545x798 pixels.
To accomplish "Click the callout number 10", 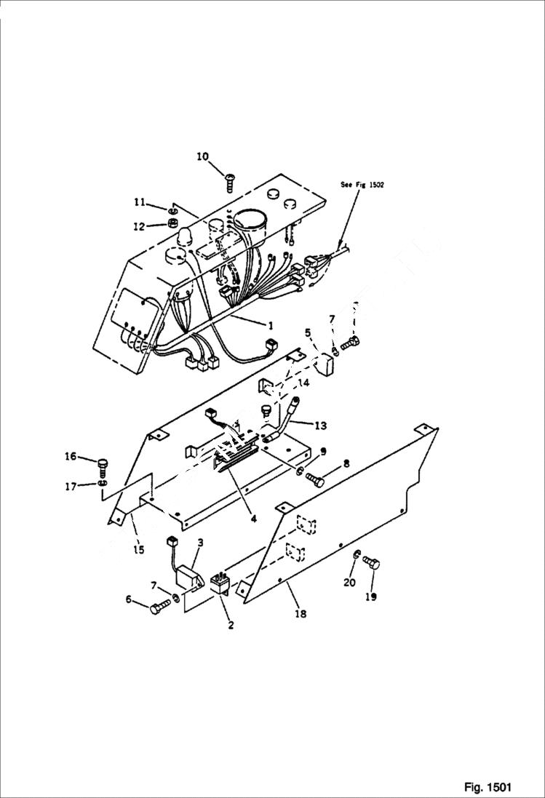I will [202, 156].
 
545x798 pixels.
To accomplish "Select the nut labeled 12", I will [174, 222].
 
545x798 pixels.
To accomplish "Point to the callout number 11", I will [139, 202].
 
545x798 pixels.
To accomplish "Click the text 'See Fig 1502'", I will [362, 185].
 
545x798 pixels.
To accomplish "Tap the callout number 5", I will [308, 332].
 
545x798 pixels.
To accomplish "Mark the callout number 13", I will [322, 424].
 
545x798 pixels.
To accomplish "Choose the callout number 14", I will [303, 381].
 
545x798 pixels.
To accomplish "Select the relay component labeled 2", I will [220, 585].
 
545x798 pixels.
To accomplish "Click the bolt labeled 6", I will [159, 609].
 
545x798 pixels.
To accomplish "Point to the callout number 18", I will [300, 613].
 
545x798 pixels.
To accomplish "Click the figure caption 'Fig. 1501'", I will [488, 787].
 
